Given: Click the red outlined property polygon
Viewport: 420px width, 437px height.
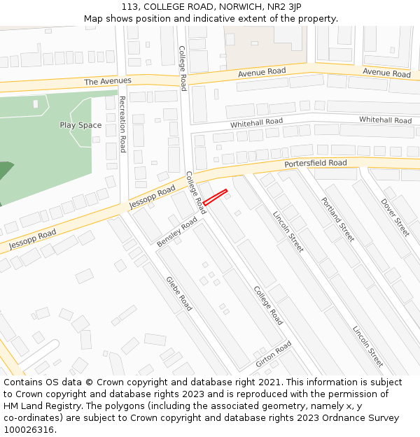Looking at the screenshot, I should tap(216, 197).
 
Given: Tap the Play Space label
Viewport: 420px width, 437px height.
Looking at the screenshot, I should tap(80, 126).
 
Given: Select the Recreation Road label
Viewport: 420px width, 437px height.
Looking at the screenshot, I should tap(122, 124).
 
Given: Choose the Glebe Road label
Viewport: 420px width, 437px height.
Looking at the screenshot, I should tap(178, 294).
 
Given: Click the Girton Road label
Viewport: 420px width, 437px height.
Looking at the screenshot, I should tap(273, 355).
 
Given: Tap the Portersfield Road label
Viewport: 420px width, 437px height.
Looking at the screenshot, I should tap(315, 164).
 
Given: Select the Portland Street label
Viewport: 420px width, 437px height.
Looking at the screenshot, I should tap(338, 219).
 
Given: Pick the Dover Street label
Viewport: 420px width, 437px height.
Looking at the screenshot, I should tap(395, 217).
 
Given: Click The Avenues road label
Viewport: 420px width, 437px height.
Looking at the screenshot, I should tap(108, 82).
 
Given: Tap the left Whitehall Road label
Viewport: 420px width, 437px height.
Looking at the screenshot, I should tap(256, 123).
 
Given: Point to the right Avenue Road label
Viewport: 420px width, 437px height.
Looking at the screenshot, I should tap(386, 73).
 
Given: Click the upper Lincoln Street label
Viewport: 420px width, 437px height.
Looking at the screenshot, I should tap(288, 231).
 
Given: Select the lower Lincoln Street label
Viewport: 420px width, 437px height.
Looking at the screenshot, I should tap(367, 346).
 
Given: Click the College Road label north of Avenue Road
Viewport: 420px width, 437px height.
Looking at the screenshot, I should tap(182, 69).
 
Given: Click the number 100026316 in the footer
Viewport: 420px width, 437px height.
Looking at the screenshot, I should tap(29, 430).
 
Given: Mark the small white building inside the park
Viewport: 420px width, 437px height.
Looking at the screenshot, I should tap(36, 104).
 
